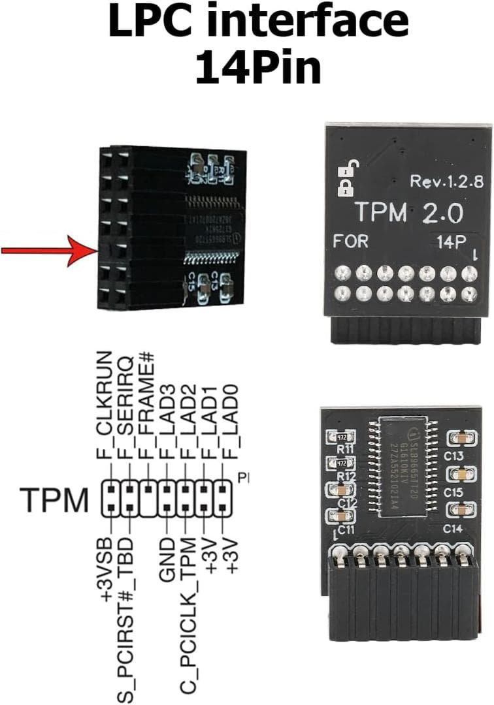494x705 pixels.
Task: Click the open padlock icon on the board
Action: (x=344, y=168)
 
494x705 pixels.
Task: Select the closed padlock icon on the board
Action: (x=344, y=189)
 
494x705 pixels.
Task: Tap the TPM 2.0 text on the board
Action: (x=408, y=213)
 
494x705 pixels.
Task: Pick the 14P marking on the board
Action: (x=452, y=241)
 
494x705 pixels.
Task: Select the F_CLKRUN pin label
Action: (x=105, y=405)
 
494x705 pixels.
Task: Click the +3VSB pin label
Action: (x=105, y=568)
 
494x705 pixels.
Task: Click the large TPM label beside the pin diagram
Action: (x=54, y=500)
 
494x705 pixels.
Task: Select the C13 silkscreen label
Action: (x=453, y=455)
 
